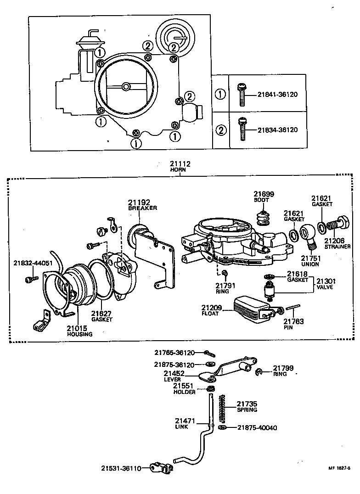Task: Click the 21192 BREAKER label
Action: pos(142,205)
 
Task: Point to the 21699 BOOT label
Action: pos(264,197)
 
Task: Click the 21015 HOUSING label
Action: pos(79,331)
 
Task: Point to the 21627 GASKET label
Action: pos(101,316)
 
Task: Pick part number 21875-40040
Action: pos(257,428)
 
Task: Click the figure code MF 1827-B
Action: pos(339,468)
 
